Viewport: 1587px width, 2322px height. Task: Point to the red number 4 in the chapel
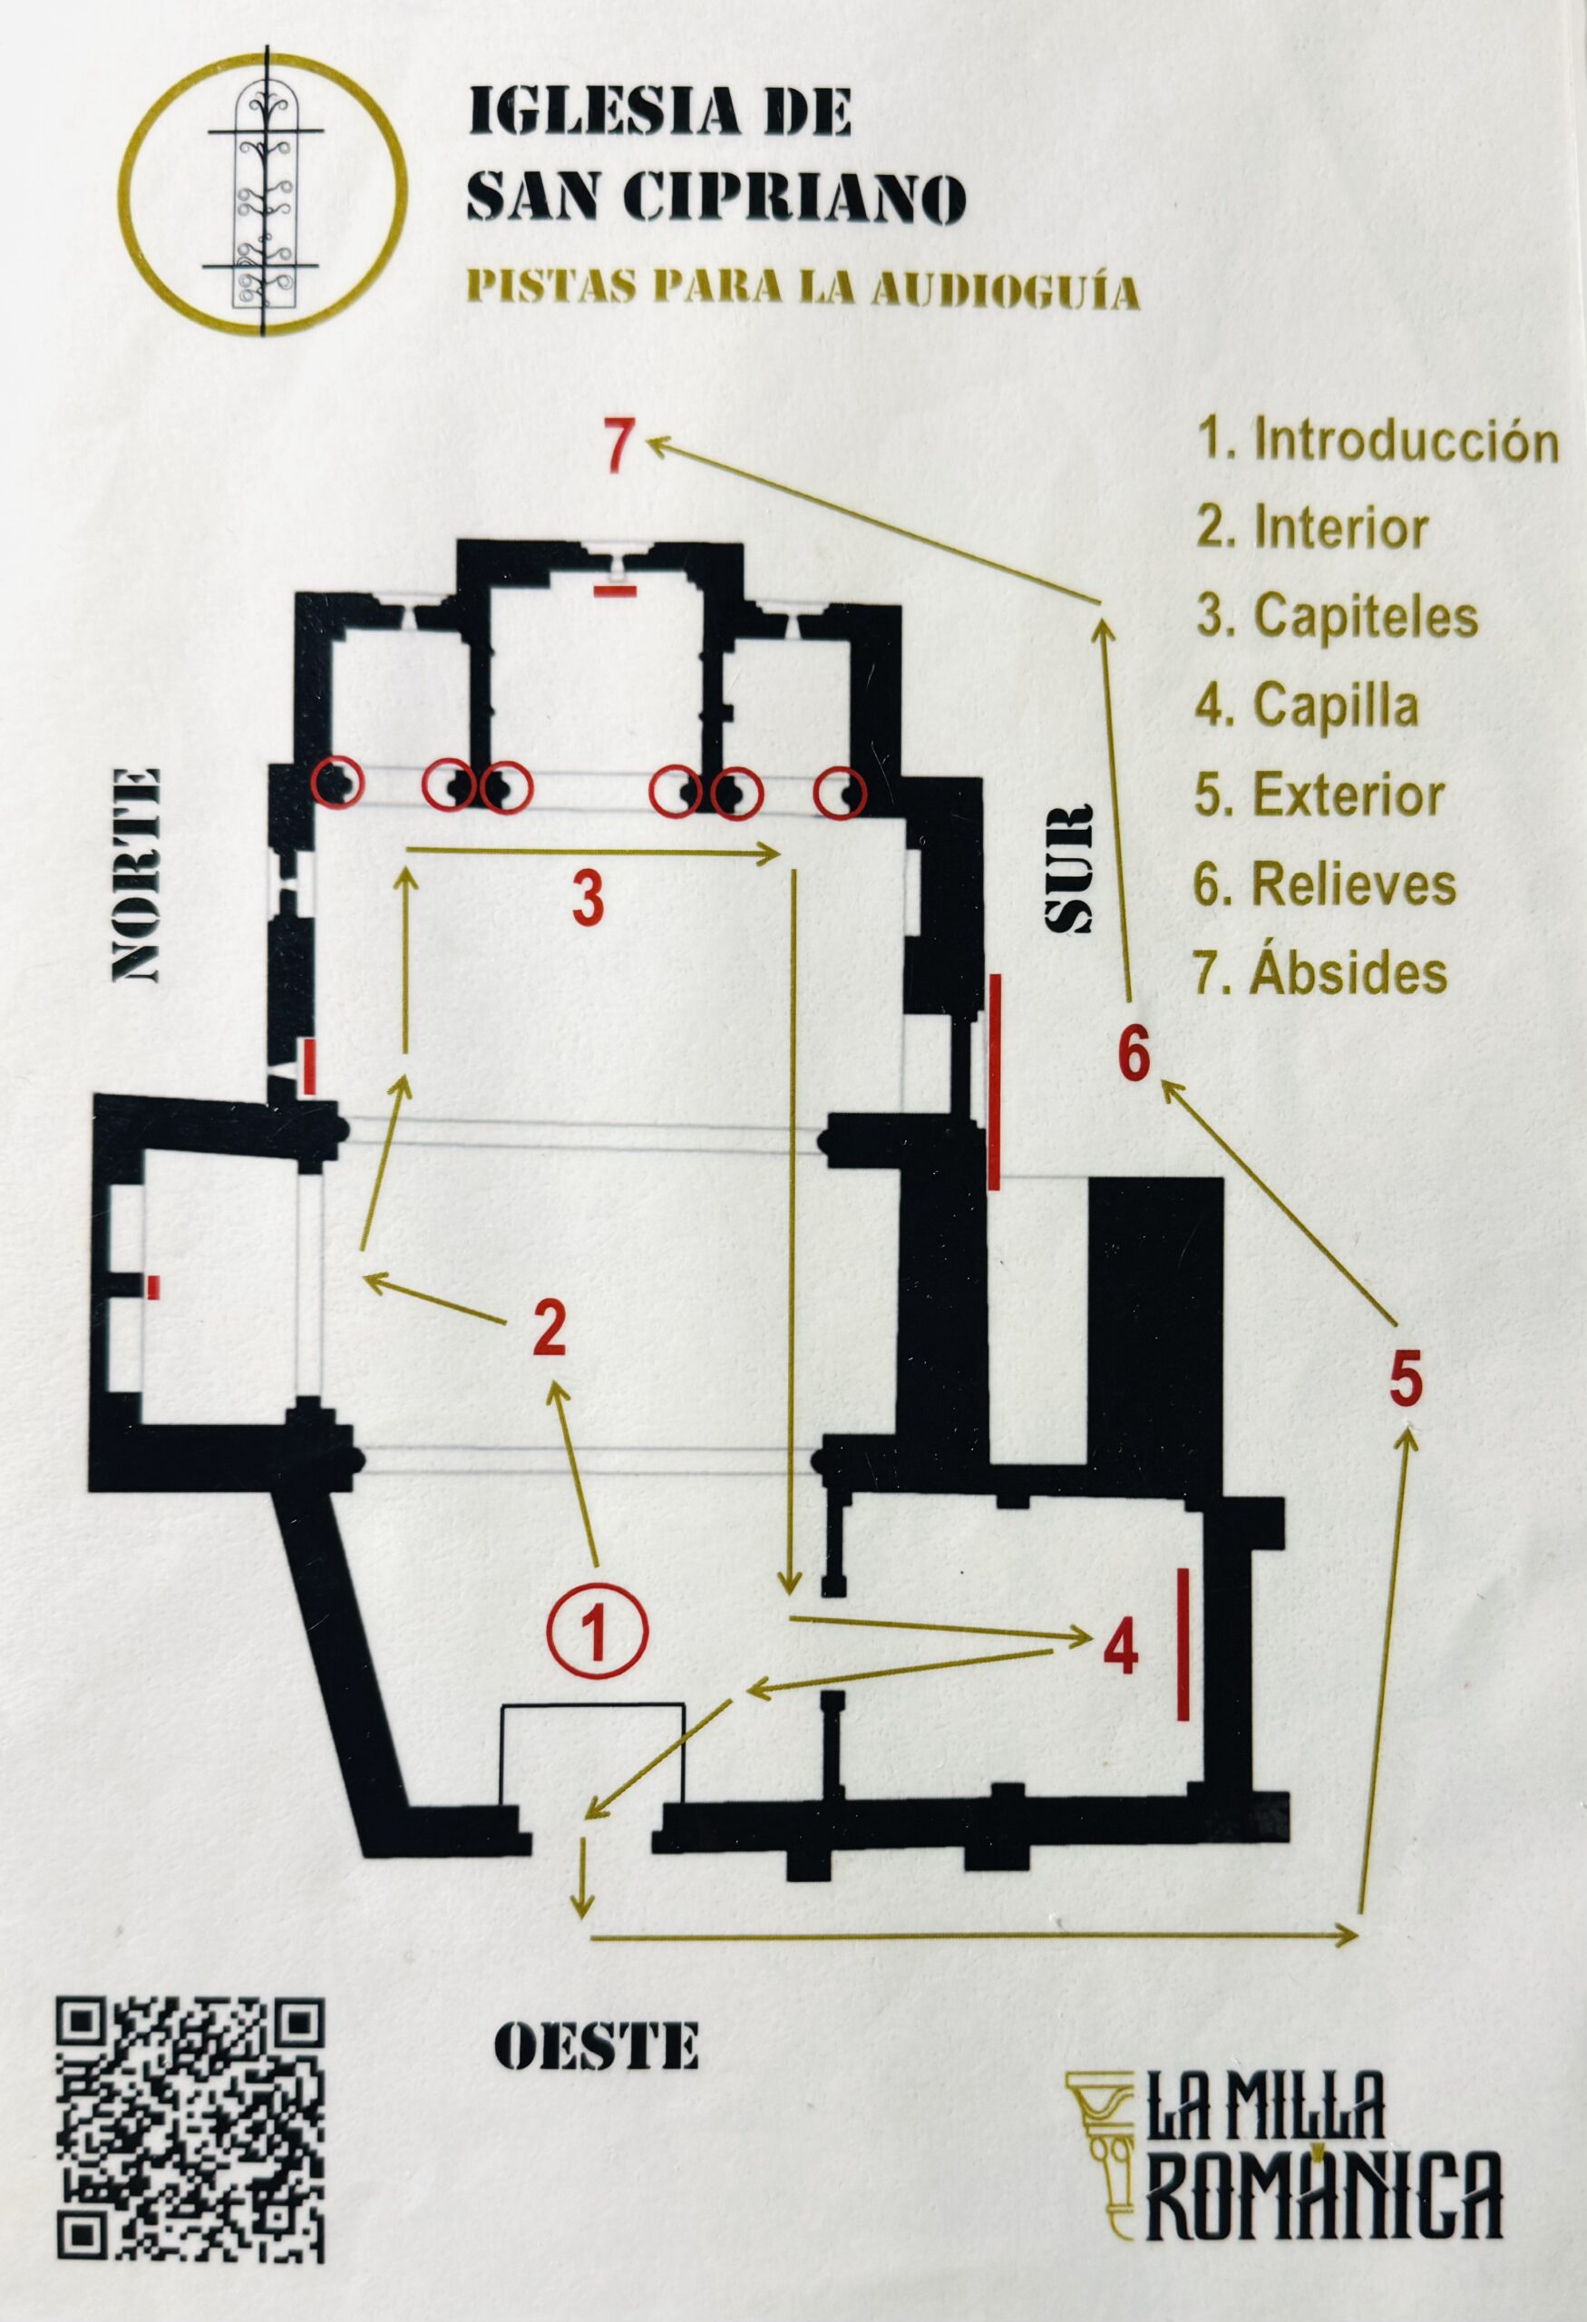pyautogui.click(x=1121, y=1649)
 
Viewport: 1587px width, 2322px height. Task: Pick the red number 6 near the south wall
pyautogui.click(x=1134, y=1055)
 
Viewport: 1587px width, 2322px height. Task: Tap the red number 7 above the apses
pyautogui.click(x=619, y=445)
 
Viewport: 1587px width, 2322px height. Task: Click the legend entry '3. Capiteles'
pyautogui.click(x=1338, y=616)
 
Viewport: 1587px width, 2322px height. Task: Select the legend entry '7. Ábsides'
pyautogui.click(x=1320, y=972)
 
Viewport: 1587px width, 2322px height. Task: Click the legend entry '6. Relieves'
pyautogui.click(x=1324, y=883)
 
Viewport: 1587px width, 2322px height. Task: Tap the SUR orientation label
pyautogui.click(x=1068, y=868)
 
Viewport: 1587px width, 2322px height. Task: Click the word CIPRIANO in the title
pyautogui.click(x=795, y=197)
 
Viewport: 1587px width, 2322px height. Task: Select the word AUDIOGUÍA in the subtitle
pyautogui.click(x=1006, y=289)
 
